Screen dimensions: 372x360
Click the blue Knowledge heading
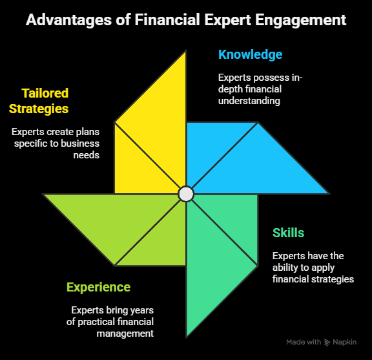point(251,55)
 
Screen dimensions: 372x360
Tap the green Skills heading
point(288,233)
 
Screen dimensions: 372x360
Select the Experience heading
point(98,288)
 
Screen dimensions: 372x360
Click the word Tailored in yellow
point(45,93)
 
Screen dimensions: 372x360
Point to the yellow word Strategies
point(39,109)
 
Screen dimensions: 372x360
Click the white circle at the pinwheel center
point(186,194)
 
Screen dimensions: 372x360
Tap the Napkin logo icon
point(327,342)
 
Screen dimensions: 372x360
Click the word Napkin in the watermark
point(344,342)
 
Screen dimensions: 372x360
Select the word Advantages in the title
point(68,20)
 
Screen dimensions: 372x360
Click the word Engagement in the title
point(300,20)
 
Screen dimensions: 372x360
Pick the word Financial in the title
point(167,19)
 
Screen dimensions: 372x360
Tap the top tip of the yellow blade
point(186,50)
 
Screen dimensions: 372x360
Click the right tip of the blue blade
point(329,194)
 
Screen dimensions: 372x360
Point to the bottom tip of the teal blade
point(187,337)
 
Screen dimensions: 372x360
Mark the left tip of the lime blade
point(43,195)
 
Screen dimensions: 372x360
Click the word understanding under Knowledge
point(249,101)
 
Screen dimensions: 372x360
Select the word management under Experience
point(125,334)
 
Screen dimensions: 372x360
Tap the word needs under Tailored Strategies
point(87,155)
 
